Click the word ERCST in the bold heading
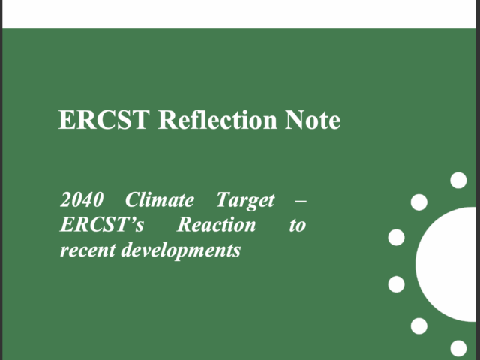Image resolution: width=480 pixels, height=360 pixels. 104,120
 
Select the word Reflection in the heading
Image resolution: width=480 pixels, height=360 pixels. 217,119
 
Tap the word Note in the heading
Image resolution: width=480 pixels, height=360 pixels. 313,120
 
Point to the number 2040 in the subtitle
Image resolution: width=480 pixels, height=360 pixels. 82,200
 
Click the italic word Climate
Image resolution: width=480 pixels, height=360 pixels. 160,199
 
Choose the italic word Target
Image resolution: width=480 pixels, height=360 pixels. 245,201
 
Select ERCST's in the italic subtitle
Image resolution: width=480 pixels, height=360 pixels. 102,224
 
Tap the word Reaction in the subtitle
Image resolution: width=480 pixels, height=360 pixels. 217,224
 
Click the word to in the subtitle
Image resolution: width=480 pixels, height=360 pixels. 298,226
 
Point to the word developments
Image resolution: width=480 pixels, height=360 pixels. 181,250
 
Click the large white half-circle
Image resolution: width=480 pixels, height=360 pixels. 446,264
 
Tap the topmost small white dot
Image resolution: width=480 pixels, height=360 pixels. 458,180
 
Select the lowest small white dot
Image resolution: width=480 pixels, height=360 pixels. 458,348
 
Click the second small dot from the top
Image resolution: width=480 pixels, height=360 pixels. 419,202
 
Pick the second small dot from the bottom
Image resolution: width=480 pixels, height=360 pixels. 419,325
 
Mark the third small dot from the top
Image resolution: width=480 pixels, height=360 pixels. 397,237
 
